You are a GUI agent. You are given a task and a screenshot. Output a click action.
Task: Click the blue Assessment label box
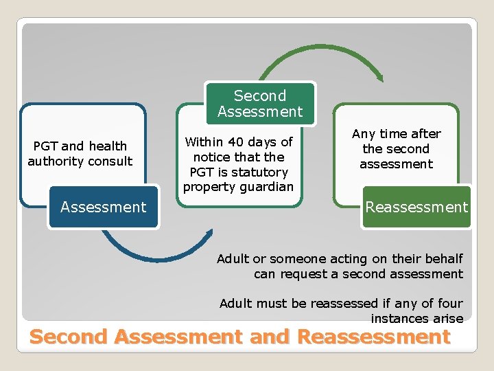104,207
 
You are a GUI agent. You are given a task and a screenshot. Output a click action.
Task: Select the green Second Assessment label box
259,104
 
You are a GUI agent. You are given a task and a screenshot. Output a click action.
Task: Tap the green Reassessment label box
416,207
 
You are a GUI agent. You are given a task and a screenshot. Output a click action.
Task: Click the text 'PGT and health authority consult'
80,154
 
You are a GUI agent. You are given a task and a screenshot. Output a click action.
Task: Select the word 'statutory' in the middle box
261,172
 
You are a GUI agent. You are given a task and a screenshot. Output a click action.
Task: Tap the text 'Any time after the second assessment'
396,149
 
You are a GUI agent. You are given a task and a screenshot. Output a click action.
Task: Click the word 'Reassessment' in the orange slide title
374,337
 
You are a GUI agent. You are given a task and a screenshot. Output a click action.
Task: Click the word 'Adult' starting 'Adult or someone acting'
233,259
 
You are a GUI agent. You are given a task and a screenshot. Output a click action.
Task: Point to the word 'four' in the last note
450,303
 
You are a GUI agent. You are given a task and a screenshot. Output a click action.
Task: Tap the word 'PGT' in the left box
46,146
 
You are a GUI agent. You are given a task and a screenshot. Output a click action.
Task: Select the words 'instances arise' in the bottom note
416,318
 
